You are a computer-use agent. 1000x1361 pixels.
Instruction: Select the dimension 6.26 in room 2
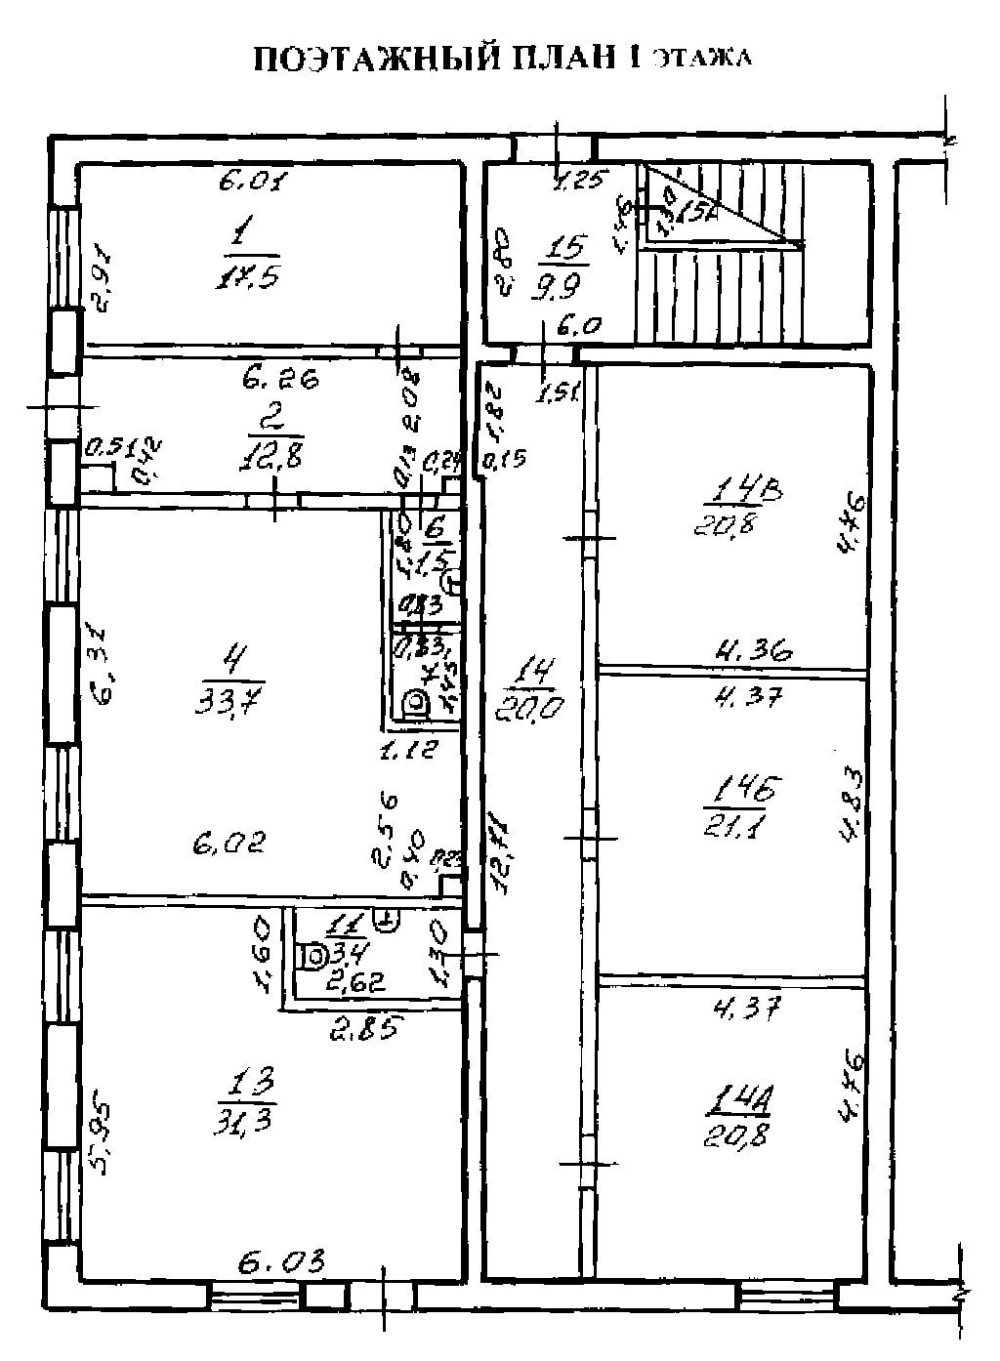(x=280, y=380)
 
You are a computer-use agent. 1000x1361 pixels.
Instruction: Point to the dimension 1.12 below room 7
(x=409, y=750)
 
